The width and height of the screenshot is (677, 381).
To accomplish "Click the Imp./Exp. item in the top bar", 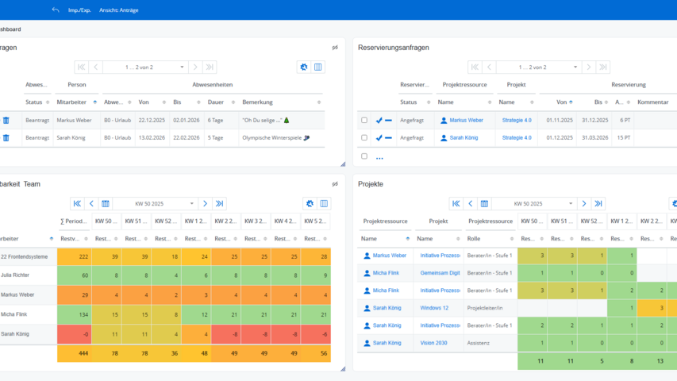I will tap(79, 10).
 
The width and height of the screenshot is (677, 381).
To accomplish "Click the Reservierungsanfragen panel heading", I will tap(394, 48).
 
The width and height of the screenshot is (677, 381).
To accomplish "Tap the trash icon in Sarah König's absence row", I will tap(6, 137).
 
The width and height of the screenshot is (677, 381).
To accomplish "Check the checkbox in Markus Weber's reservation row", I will tap(364, 121).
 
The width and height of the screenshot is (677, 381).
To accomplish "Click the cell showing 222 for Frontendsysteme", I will tap(74, 256).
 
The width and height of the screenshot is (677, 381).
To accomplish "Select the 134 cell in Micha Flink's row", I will tap(74, 314).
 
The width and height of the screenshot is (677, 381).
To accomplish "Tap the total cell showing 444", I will tap(74, 353).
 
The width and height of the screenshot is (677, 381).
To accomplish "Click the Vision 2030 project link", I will tap(434, 343).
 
